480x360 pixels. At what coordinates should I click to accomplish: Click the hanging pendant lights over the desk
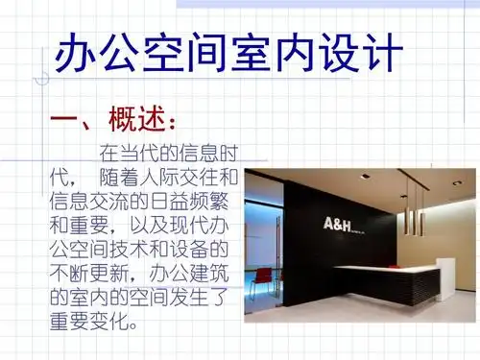(x=414, y=213)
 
